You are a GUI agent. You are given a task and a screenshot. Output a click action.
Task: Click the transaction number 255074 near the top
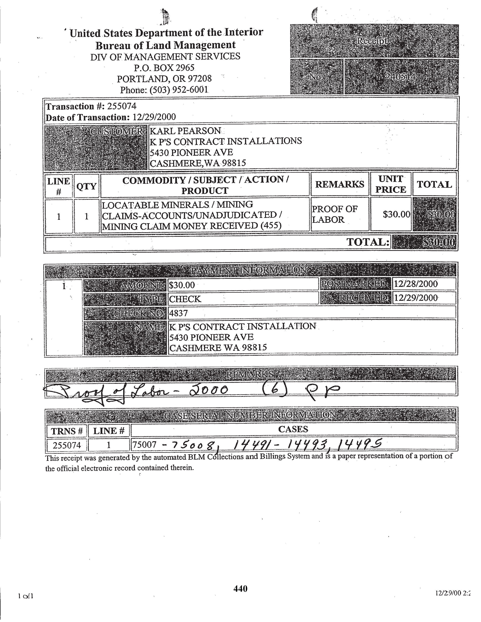pyautogui.click(x=122, y=106)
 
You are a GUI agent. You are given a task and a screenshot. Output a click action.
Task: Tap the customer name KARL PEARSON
pyautogui.click(x=185, y=131)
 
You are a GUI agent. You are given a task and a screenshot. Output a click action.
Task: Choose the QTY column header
pyautogui.click(x=86, y=186)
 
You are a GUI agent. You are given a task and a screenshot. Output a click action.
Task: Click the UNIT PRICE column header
pyautogui.click(x=390, y=184)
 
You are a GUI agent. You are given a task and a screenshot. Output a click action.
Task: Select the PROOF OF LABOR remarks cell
pyautogui.click(x=335, y=214)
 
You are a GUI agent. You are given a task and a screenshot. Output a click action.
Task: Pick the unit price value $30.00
pyautogui.click(x=396, y=214)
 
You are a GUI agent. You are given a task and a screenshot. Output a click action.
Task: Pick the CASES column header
pyautogui.click(x=293, y=429)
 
